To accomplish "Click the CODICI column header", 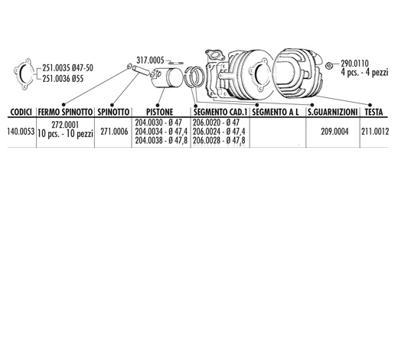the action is point(21,112).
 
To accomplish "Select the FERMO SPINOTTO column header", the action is point(65,112).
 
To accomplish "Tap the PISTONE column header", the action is point(160,112).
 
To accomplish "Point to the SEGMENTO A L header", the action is point(276,112).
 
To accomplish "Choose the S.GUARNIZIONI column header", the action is point(333,112).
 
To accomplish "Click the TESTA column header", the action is point(374,112).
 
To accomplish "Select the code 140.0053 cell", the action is point(21,132).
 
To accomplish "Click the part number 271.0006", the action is point(114,132).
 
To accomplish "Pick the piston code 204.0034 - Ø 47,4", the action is point(161,132).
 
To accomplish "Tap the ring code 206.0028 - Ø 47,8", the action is point(219,140).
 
